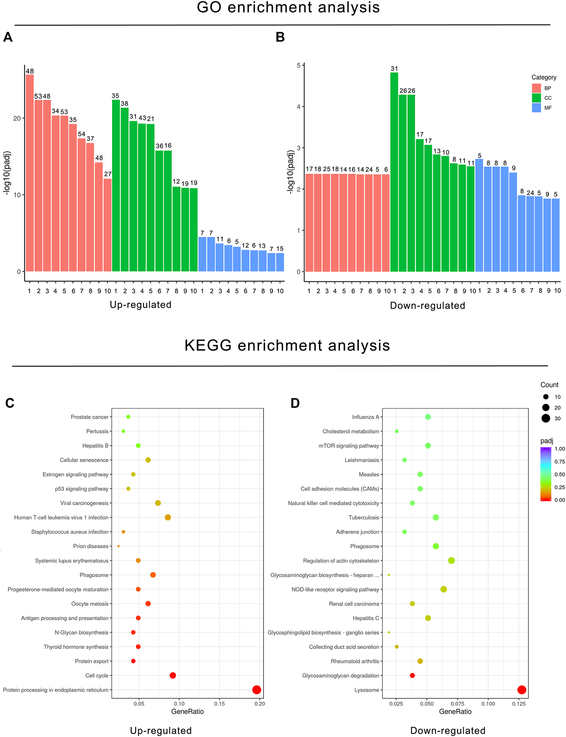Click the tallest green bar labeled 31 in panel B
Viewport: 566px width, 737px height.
tap(394, 171)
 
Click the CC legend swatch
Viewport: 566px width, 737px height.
tap(536, 98)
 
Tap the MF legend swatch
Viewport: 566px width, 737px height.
tap(536, 108)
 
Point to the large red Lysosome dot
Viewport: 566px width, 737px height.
tap(522, 689)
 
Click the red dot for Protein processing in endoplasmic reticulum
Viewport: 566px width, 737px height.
tap(256, 689)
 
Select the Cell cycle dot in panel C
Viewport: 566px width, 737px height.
tap(173, 675)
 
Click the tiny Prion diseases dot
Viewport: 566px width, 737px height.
tap(118, 546)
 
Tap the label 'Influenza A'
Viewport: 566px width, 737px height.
tap(365, 417)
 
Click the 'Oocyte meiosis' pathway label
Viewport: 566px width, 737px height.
tap(90, 604)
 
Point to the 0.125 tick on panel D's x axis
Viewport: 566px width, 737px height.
tap(518, 703)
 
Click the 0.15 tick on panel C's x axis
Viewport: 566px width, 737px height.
tap(219, 703)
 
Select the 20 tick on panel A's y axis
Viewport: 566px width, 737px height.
tap(17, 118)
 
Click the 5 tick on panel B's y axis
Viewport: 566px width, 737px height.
tap(299, 65)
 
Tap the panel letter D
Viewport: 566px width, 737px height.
tap(295, 403)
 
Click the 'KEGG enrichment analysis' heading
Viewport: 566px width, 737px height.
tap(287, 346)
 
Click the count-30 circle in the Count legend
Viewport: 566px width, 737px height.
tap(546, 418)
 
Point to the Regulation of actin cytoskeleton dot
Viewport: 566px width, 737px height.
tap(451, 560)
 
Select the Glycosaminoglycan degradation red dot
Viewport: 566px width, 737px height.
tap(412, 675)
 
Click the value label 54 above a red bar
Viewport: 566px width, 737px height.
tap(82, 134)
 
